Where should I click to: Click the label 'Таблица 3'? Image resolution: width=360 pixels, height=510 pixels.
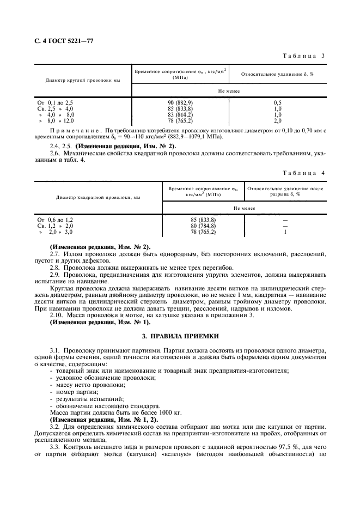(x=304, y=56)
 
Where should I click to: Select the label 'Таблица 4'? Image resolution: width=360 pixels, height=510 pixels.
(x=304, y=173)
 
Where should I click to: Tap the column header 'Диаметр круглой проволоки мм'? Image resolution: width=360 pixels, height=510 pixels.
(x=83, y=80)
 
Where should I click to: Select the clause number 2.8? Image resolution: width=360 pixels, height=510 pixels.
(x=55, y=268)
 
